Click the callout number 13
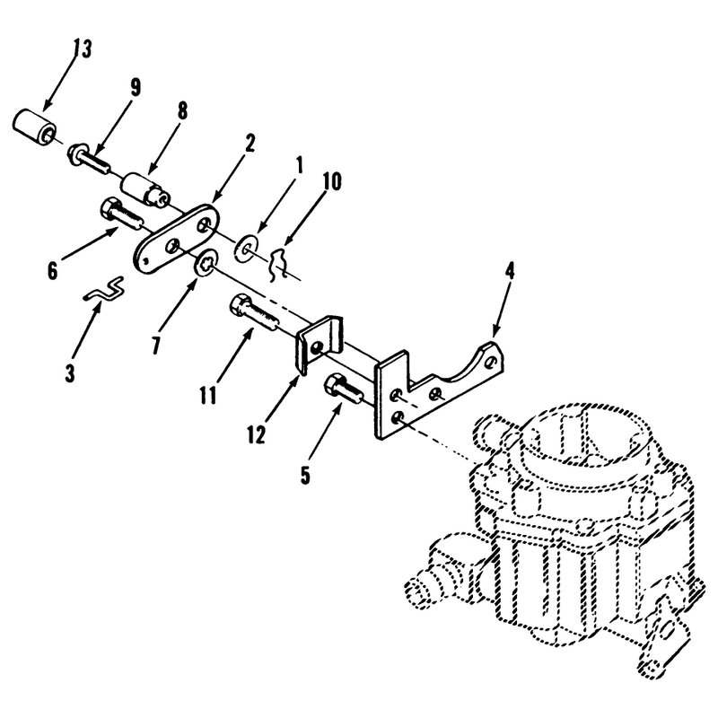(x=83, y=49)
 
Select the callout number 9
(x=136, y=87)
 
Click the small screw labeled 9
(x=89, y=159)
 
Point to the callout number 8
(x=182, y=110)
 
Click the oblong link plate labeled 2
(x=176, y=240)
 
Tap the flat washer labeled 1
(x=246, y=249)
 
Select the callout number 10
(x=332, y=182)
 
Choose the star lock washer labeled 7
(x=207, y=264)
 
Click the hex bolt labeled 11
(x=254, y=311)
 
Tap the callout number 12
(x=257, y=434)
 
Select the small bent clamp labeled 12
(x=319, y=344)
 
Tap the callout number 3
(x=70, y=373)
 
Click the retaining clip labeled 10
(x=277, y=264)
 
